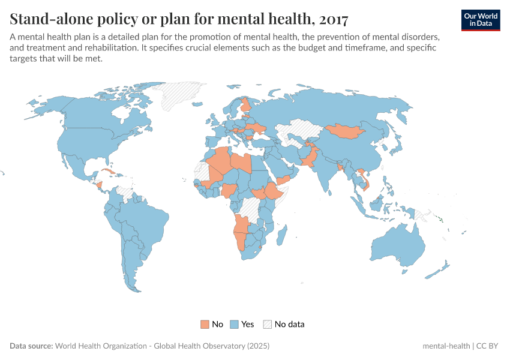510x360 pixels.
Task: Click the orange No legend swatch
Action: pyautogui.click(x=205, y=324)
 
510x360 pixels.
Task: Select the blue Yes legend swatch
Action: pyautogui.click(x=235, y=324)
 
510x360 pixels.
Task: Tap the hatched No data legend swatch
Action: pyautogui.click(x=268, y=324)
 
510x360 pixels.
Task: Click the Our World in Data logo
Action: pyautogui.click(x=481, y=20)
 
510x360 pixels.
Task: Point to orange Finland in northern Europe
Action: pyautogui.click(x=245, y=108)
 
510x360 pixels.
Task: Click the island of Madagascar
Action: pyautogui.click(x=280, y=232)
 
